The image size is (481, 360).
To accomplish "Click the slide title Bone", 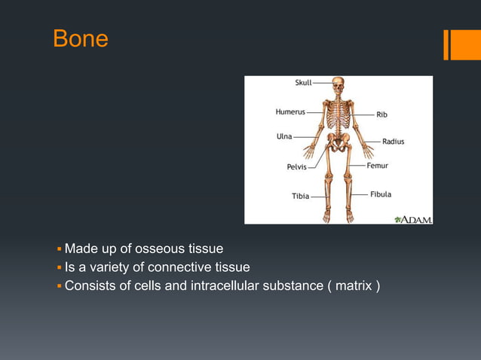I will (81, 39).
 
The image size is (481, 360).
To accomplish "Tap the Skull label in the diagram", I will (303, 82).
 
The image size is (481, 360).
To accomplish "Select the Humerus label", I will (290, 112).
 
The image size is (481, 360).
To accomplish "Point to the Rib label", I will (382, 115).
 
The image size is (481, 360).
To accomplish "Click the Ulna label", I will (283, 136).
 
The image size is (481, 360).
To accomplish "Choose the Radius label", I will (393, 142).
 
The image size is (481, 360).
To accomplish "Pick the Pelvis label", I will (296, 167).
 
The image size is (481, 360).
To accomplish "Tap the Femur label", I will (378, 165).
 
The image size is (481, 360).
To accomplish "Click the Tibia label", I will (300, 197).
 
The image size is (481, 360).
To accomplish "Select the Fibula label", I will (381, 194).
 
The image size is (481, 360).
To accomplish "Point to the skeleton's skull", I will (338, 84).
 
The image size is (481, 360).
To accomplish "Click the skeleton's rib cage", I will (338, 115).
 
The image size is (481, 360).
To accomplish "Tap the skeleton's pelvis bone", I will (338, 143).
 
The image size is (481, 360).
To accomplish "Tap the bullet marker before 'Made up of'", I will (60, 249).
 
